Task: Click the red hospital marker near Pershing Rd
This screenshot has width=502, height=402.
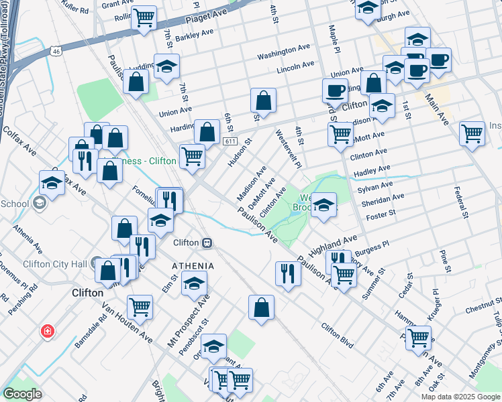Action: coord(48,330)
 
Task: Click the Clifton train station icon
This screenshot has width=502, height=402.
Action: coord(209,243)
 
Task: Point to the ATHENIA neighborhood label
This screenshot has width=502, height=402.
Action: coord(192,266)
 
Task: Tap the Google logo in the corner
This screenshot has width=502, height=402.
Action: coord(23,394)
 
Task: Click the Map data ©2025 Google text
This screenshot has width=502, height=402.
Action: coord(460,397)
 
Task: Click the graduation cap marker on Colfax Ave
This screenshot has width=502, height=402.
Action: coord(52,182)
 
